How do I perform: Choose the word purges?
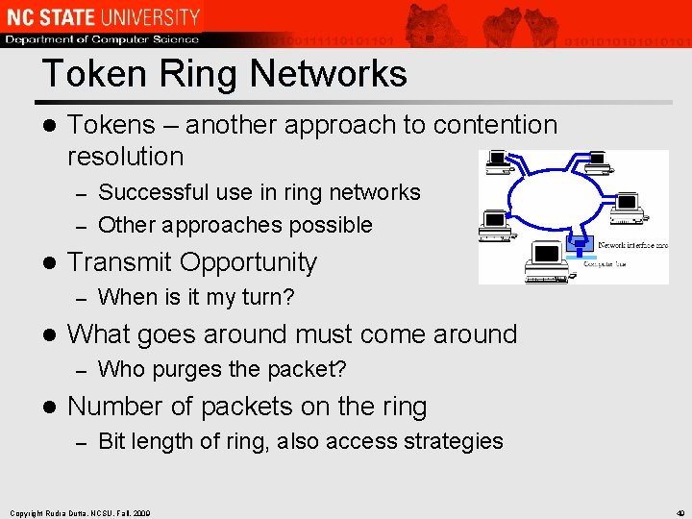188,369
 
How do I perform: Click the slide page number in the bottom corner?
680,511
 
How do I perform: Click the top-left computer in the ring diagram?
499,163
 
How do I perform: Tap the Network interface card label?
632,245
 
